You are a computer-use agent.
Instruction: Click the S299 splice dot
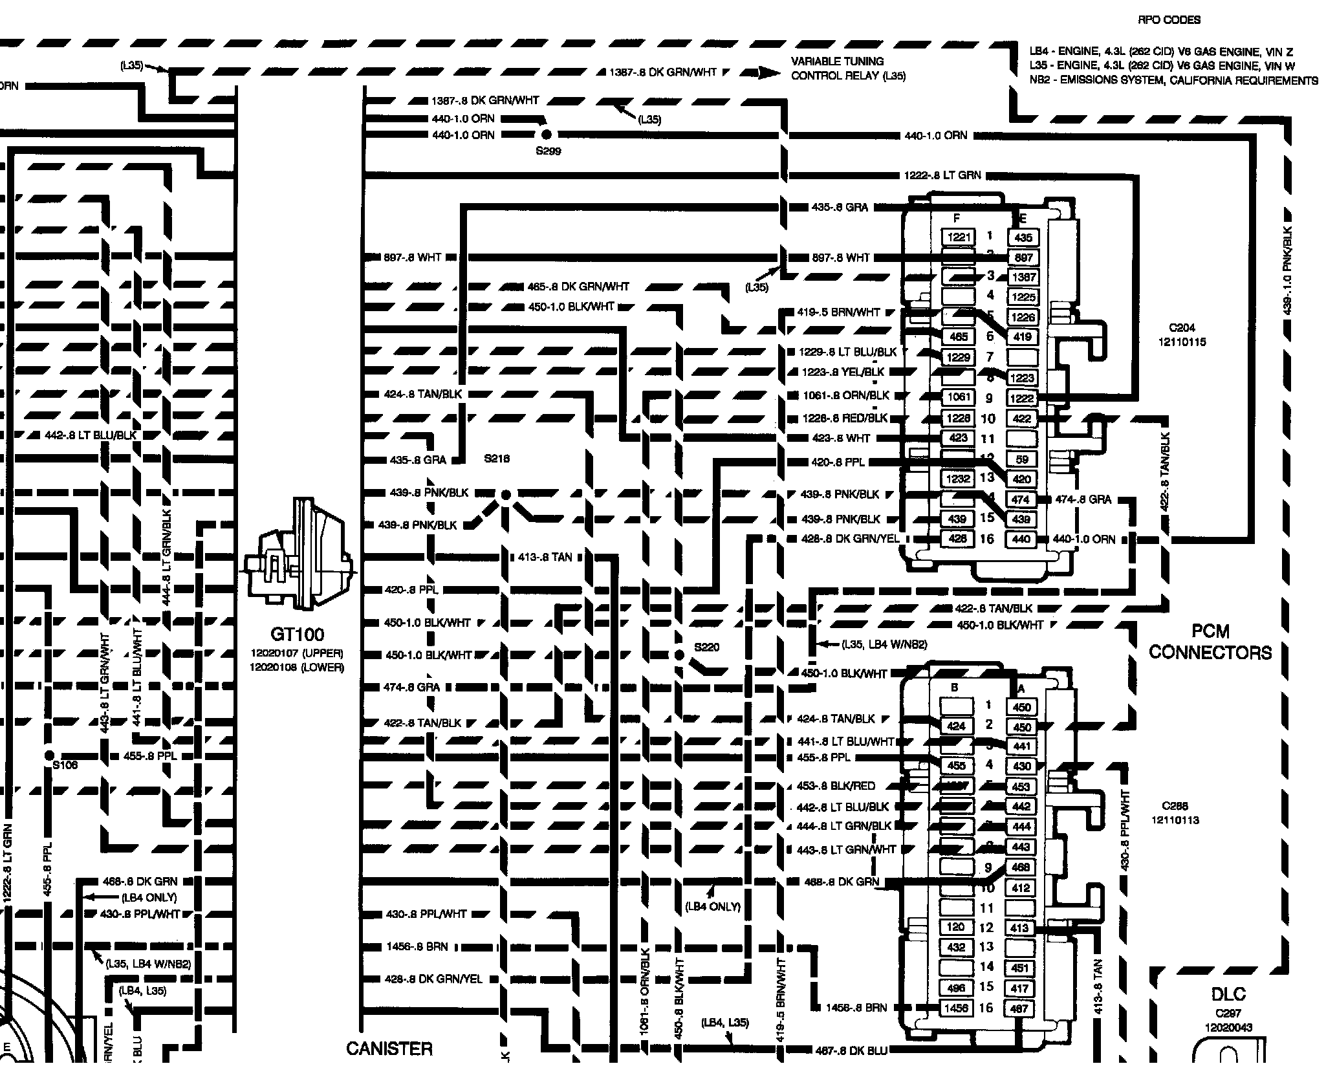[546, 135]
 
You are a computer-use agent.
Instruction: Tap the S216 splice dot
[506, 495]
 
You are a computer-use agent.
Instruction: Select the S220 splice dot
[679, 655]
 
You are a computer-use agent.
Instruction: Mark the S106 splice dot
[49, 755]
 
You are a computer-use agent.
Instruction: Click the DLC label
[1228, 994]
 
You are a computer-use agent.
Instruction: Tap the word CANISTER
[389, 1049]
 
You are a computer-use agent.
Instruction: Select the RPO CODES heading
[1169, 20]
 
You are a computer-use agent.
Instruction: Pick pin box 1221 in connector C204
[958, 237]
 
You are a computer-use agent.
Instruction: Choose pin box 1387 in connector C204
[1023, 277]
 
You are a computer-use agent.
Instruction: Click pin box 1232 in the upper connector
[958, 479]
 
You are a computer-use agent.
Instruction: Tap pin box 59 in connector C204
[1022, 459]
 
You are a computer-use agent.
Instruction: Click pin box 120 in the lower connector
[956, 927]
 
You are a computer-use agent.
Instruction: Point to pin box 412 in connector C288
[1021, 887]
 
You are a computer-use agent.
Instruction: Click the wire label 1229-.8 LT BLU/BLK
[848, 352]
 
